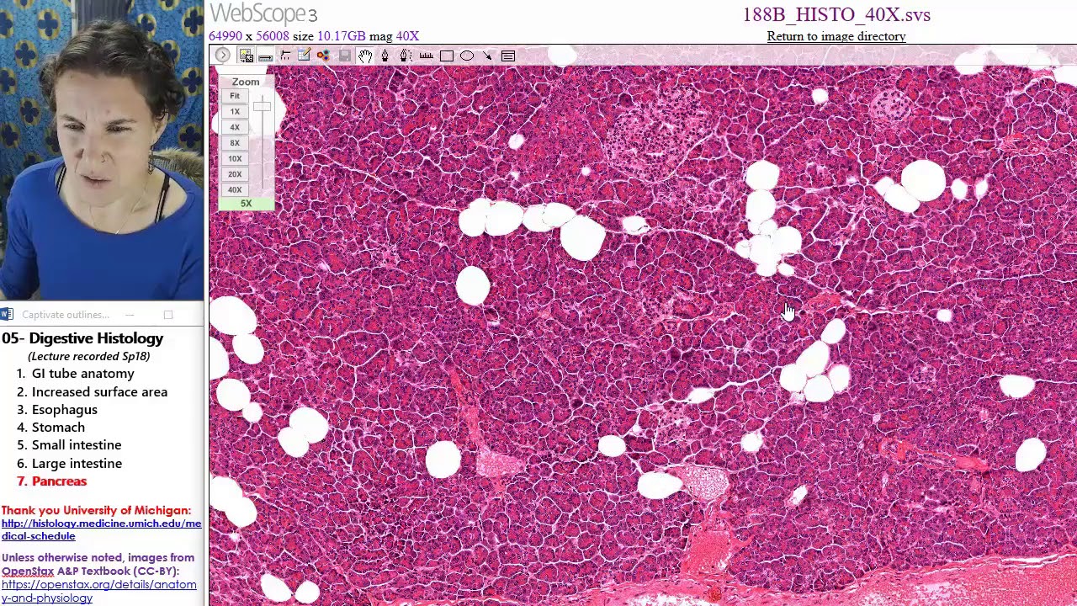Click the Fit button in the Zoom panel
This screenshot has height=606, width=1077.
[235, 96]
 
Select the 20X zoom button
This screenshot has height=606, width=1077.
[235, 174]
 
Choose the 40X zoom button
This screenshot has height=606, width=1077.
[235, 190]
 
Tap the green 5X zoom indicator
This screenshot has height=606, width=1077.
[246, 204]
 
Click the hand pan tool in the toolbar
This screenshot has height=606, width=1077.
[365, 56]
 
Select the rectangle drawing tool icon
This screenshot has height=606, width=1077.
[447, 56]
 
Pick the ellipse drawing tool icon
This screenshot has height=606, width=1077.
[467, 56]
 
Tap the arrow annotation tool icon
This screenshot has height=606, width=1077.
[487, 56]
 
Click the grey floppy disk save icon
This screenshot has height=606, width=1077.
[344, 56]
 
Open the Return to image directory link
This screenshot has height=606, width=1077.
[836, 36]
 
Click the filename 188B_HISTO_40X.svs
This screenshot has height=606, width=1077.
[836, 15]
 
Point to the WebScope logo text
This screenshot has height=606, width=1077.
[263, 13]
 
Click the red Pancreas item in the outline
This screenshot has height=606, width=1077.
[59, 481]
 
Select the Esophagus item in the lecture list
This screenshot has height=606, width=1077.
[64, 410]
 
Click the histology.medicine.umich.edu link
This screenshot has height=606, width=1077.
[101, 529]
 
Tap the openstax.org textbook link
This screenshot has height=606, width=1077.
[98, 591]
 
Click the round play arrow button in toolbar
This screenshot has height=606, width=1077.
[222, 56]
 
